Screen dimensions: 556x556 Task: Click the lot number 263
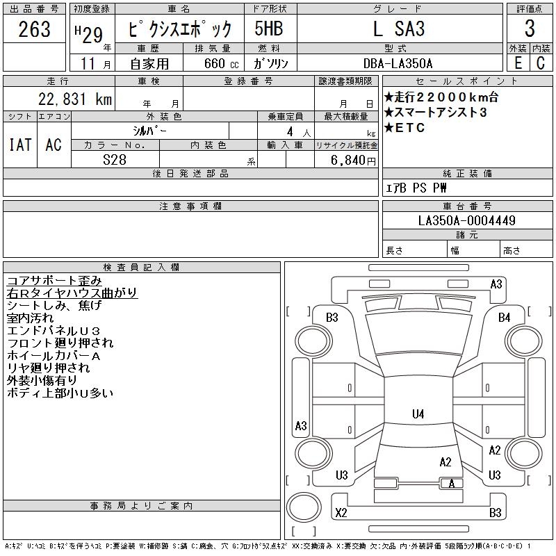click(x=35, y=29)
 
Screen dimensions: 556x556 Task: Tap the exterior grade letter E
click(x=516, y=63)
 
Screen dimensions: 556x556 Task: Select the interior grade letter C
click(x=541, y=63)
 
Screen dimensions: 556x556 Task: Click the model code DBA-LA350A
click(x=400, y=63)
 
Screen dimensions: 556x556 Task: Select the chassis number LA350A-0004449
click(x=467, y=221)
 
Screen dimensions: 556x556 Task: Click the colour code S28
click(x=115, y=160)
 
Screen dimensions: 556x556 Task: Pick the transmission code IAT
click(x=19, y=145)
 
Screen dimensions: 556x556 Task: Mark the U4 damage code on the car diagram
click(x=418, y=414)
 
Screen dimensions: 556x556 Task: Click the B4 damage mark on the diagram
click(x=504, y=317)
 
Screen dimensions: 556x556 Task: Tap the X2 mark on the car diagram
click(x=341, y=513)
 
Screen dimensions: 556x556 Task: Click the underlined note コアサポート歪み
click(x=54, y=281)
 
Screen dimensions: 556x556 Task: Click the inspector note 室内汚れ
click(x=32, y=318)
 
